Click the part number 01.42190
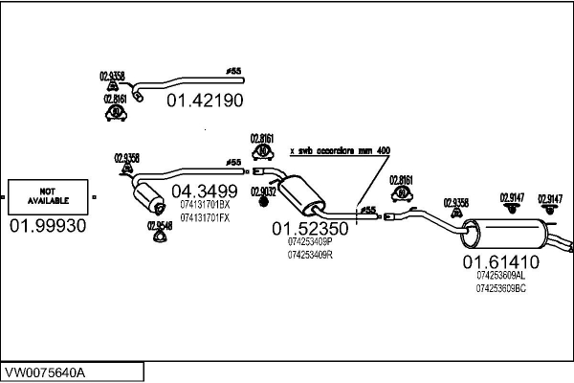pyautogui.click(x=205, y=100)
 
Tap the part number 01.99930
pyautogui.click(x=48, y=226)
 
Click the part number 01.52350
pyautogui.click(x=310, y=229)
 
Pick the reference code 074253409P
pyautogui.click(x=310, y=242)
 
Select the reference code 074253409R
pyautogui.click(x=310, y=255)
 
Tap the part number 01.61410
pyautogui.click(x=501, y=261)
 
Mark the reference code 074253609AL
pyautogui.click(x=501, y=275)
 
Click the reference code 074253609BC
pyautogui.click(x=501, y=287)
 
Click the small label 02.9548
pyautogui.click(x=160, y=226)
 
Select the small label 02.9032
pyautogui.click(x=263, y=191)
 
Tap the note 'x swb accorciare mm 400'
pyautogui.click(x=339, y=150)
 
